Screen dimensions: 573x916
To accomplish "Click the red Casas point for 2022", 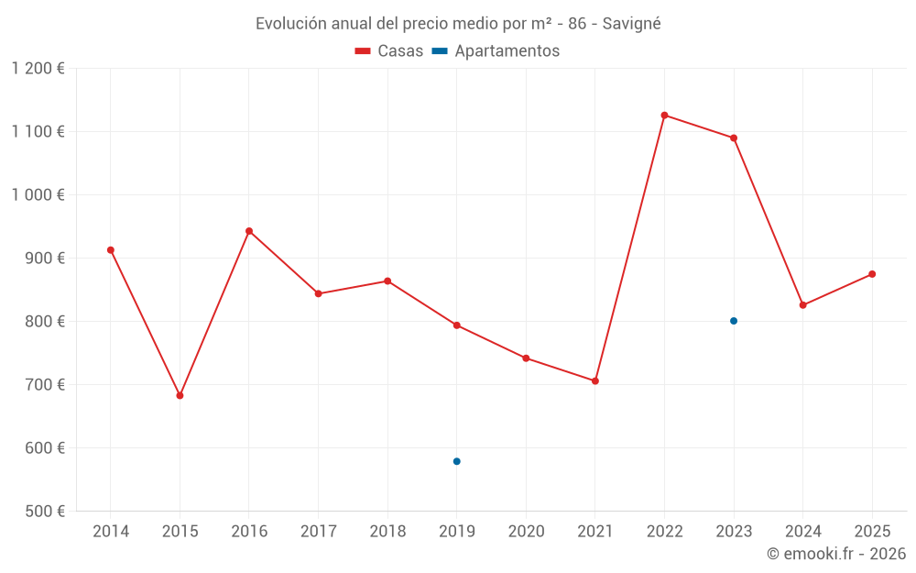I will coord(664,116).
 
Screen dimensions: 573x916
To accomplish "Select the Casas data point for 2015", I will coord(180,395).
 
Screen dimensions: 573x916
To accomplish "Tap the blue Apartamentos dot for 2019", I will coord(456,461).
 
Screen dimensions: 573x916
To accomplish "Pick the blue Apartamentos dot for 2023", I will coord(734,321).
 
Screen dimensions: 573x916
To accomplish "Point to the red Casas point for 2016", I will coord(249,231).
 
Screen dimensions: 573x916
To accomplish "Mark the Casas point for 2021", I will coord(595,380).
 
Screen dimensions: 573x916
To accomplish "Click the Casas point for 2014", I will coord(111,250).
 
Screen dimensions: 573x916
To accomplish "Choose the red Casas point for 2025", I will coord(872,274).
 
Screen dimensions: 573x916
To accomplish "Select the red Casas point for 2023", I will coord(734,138).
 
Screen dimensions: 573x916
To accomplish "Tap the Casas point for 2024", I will coord(803,305).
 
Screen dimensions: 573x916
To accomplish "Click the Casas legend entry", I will coord(389,51).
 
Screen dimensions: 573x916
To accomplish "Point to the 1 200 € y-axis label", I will coord(38,69).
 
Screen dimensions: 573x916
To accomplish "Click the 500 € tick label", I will coord(44,512).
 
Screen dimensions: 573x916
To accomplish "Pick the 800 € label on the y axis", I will coord(44,322).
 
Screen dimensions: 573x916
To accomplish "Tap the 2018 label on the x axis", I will coord(387,532).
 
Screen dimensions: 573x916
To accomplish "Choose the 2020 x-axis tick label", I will coord(526,532).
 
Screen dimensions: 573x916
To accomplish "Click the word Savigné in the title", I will coord(631,24).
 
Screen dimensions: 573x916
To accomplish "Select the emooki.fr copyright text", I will coord(835,554).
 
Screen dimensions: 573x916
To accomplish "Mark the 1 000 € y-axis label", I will coord(38,195).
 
